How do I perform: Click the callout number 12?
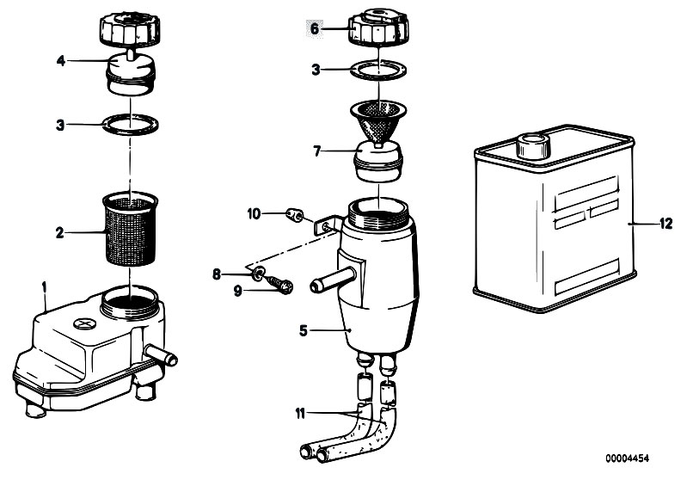coord(666,224)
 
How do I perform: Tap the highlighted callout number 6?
coord(314,29)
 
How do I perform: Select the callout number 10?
coord(254,214)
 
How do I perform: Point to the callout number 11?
coord(300,413)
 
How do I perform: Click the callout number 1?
coord(44,287)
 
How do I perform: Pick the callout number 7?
coord(317,151)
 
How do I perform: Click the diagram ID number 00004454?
coord(627,458)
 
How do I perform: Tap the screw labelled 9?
coord(280,284)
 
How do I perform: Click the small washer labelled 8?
coord(259,274)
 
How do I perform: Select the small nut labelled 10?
coord(294,215)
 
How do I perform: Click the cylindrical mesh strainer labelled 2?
coord(130,228)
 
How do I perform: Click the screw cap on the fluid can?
coord(532,145)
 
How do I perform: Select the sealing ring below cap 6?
coord(378,70)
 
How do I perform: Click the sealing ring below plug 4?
coord(130,125)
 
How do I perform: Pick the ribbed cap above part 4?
coord(128,28)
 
